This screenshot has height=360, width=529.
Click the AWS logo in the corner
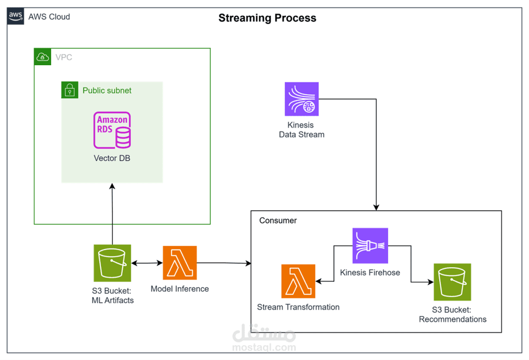[15, 16]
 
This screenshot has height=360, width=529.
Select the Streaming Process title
[267, 18]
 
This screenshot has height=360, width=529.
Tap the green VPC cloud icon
[42, 57]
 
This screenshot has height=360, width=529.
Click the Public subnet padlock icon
[69, 90]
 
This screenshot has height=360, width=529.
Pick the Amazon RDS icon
[112, 130]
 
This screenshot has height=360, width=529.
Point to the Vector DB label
[112, 158]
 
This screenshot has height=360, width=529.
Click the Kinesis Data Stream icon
[302, 99]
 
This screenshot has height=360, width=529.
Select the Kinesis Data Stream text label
[302, 130]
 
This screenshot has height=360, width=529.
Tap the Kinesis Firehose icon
[370, 245]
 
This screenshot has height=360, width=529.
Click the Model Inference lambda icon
[180, 263]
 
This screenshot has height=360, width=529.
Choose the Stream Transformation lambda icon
[298, 281]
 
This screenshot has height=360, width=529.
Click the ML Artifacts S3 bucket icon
[112, 263]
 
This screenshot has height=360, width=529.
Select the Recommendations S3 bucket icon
[453, 282]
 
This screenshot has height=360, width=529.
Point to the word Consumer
[278, 221]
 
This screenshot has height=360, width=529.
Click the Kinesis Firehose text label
[370, 272]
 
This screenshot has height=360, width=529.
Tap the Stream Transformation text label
[298, 307]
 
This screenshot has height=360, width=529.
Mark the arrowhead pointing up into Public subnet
[112, 186]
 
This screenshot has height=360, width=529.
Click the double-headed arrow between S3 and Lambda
[147, 263]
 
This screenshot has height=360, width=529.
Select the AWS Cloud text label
[49, 17]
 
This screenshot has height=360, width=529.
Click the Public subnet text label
[107, 90]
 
